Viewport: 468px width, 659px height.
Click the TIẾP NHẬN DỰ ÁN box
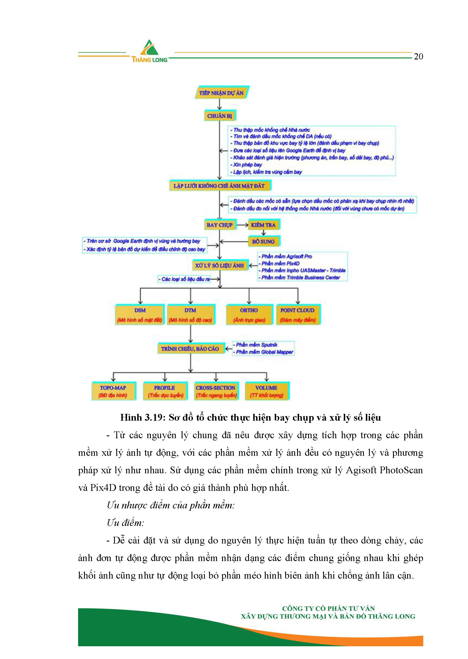[x=221, y=93]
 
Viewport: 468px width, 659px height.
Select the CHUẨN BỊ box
[x=220, y=116]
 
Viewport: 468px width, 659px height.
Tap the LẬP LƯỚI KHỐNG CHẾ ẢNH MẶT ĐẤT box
[x=219, y=186]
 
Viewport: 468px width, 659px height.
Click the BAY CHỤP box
[x=220, y=225]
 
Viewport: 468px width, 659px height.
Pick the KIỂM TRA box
[x=263, y=225]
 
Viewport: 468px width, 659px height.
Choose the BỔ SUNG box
[x=263, y=241]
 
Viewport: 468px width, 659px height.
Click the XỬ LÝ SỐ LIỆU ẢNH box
[x=220, y=266]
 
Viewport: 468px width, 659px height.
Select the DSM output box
[x=140, y=315]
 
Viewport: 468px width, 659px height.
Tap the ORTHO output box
[x=249, y=315]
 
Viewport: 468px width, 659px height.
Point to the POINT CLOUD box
[x=298, y=315]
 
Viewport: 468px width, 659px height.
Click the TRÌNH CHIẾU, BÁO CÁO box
[x=190, y=349]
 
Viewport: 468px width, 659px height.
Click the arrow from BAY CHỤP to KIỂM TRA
[x=242, y=225]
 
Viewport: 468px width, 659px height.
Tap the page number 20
[x=418, y=57]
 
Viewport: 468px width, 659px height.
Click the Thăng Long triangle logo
[x=149, y=48]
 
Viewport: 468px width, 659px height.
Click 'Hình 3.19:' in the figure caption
[x=143, y=418]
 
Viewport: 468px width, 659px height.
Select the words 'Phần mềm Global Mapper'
[x=264, y=352]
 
